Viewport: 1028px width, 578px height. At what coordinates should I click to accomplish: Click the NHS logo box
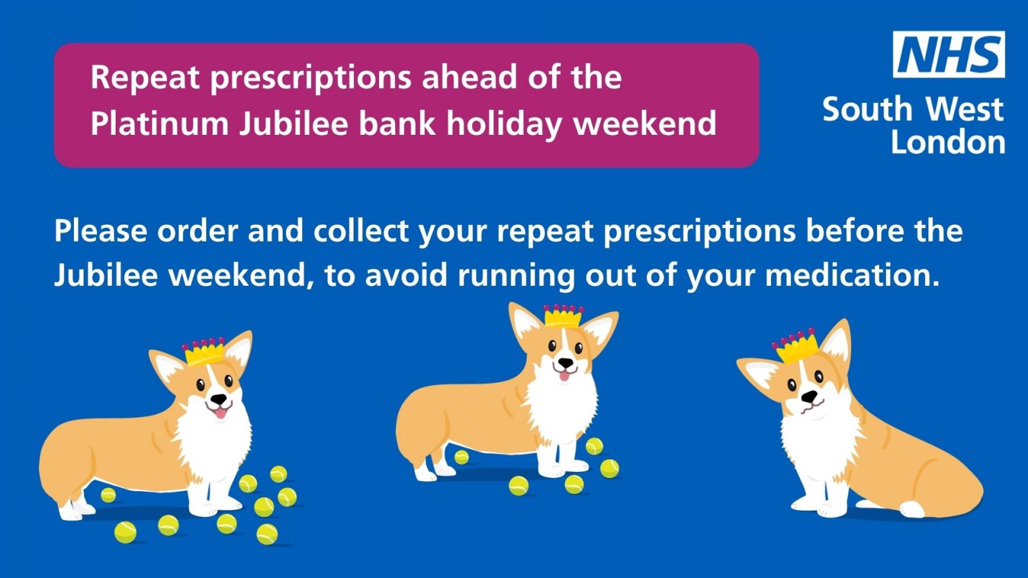pos(948,54)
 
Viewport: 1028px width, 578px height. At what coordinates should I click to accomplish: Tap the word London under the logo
pos(948,142)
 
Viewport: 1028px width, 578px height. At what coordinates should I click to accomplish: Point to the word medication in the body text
pos(852,275)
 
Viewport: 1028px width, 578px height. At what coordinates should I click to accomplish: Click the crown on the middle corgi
pos(563,316)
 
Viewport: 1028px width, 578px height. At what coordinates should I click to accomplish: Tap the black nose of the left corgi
pos(219,399)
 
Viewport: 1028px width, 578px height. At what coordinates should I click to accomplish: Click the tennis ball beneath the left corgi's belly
pos(109,495)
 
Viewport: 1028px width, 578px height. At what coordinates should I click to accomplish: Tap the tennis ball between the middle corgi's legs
pos(461,457)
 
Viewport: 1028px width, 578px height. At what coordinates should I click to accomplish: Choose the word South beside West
pos(867,109)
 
